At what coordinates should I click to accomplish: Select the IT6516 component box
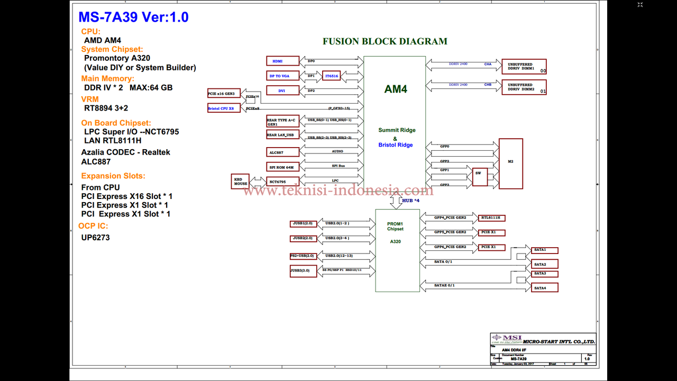tap(332, 76)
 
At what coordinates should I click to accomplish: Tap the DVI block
tap(282, 91)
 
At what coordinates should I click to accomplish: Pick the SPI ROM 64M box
tap(282, 167)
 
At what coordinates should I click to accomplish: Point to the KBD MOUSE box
tap(240, 182)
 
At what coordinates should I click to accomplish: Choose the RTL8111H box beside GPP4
tap(492, 218)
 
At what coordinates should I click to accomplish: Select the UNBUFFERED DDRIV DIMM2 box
tap(524, 87)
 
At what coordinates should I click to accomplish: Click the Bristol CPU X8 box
tap(224, 108)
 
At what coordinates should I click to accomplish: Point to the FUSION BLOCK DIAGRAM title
tap(385, 41)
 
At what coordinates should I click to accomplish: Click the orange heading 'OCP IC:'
tap(93, 226)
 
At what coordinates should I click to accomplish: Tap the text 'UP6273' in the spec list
tap(96, 238)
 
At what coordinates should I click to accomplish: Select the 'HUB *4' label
tap(411, 201)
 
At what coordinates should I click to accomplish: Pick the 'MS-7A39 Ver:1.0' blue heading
tap(133, 17)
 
